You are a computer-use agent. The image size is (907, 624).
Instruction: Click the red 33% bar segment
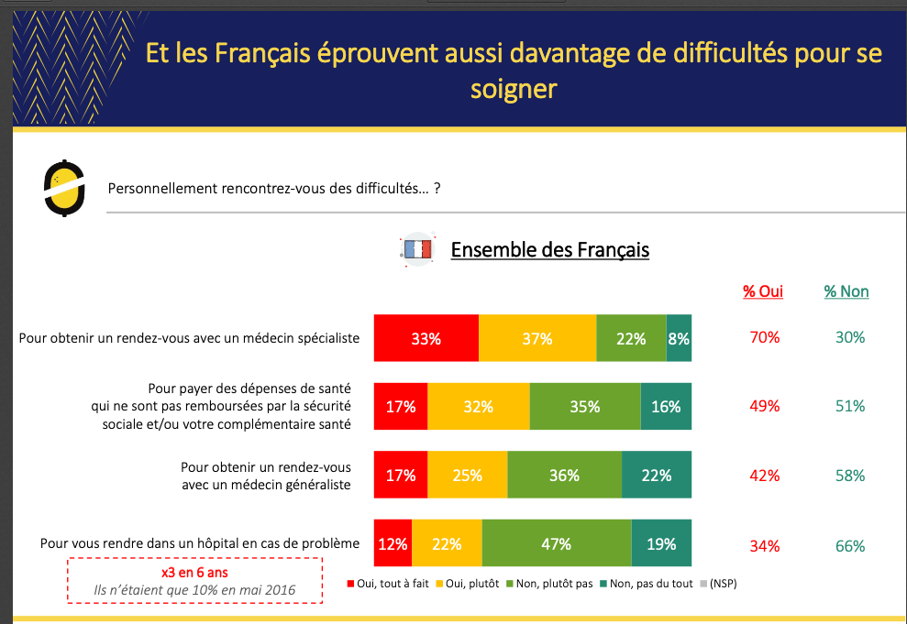point(426,337)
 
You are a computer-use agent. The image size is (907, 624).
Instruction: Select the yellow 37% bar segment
point(537,337)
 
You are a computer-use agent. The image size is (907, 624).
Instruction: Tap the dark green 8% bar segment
point(679,337)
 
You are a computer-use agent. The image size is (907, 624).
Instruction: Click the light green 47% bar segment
point(557,544)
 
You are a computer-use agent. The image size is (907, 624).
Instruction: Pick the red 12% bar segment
point(393,544)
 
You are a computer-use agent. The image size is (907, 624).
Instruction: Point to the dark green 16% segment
point(666,407)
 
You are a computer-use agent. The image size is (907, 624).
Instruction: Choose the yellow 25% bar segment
point(468,476)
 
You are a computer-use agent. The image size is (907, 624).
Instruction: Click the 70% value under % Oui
point(765,337)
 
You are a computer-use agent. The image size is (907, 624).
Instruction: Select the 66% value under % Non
point(850,546)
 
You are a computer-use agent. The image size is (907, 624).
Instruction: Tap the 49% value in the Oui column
point(765,406)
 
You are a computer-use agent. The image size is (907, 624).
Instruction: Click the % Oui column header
point(763,291)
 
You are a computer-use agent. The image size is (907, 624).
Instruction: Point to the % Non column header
point(846,291)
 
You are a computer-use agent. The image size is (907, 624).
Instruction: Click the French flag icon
point(418,249)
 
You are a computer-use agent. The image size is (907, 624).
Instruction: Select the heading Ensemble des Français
point(550,249)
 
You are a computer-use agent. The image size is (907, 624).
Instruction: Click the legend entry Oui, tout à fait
point(391,584)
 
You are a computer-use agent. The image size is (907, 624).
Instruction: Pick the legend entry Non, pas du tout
point(646,584)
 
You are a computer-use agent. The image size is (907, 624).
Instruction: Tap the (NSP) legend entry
point(719,584)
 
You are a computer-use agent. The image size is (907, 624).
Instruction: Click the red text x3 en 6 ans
point(195,573)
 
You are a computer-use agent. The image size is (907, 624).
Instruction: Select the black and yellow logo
point(65,188)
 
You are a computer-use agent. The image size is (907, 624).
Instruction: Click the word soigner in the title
point(514,89)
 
